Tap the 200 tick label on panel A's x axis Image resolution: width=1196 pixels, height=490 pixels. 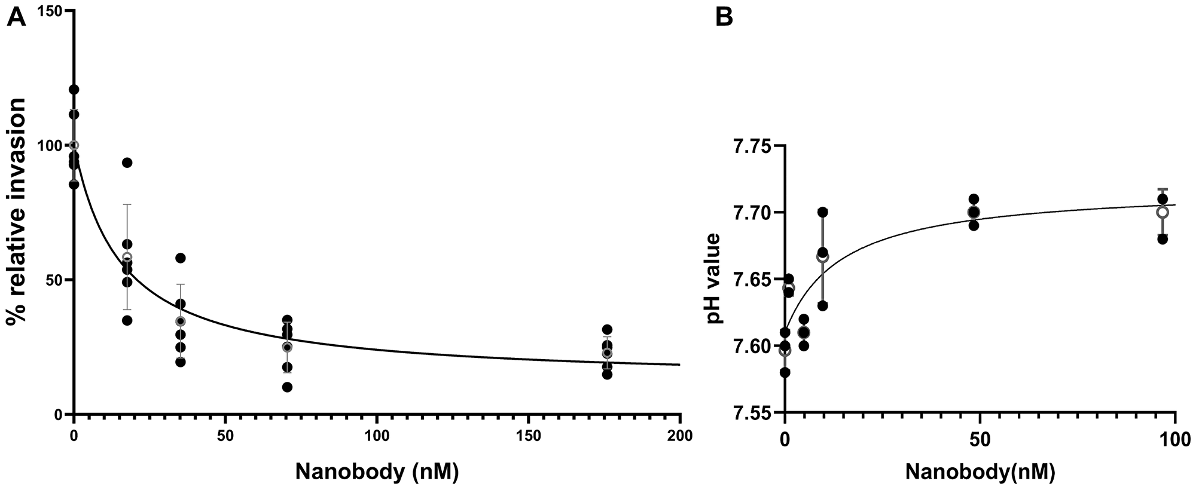point(680,436)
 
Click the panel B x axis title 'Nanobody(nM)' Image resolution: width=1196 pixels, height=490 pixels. point(980,471)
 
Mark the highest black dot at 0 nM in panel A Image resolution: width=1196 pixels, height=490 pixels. point(74,90)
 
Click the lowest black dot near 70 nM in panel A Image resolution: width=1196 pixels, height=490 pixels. point(287,387)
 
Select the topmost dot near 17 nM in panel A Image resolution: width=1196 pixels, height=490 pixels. point(127,163)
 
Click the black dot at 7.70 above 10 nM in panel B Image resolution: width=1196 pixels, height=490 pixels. point(822,212)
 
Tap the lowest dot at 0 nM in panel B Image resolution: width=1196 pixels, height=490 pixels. point(785,372)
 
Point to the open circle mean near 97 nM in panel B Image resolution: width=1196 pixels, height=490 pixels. point(1163,212)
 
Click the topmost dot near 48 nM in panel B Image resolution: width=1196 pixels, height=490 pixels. point(974,199)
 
